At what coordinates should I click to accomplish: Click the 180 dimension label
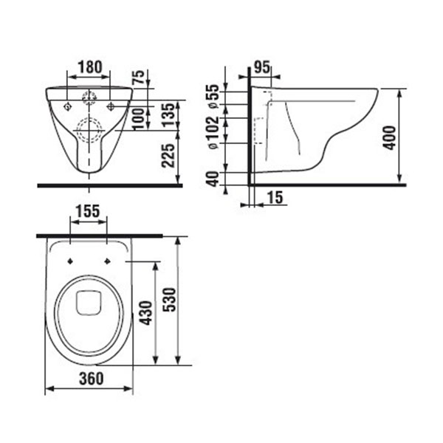pos(90,67)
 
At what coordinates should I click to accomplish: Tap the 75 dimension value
pos(139,77)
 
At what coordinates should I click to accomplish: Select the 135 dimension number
pos(168,115)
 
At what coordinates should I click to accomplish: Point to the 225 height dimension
pos(168,156)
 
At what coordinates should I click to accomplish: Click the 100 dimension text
pos(139,119)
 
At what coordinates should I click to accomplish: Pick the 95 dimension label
pos(261,67)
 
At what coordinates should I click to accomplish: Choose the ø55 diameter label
pos(213,96)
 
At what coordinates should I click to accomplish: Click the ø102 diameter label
pos(213,132)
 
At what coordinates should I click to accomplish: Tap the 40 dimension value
pos(213,179)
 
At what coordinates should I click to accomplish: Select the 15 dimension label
pos(275,197)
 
